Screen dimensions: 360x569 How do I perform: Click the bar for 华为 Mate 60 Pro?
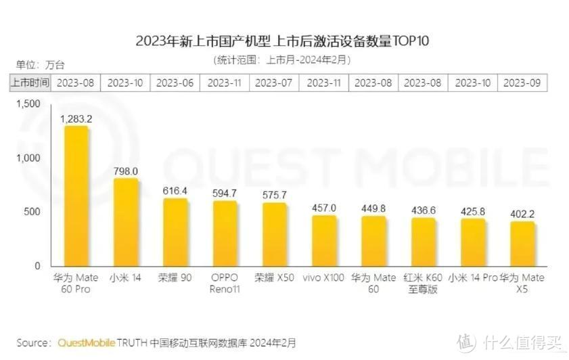[x=76, y=196]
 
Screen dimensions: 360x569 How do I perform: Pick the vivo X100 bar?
[x=324, y=241]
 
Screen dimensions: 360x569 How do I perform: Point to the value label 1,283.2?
[x=76, y=119]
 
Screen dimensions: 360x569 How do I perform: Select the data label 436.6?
[x=424, y=210]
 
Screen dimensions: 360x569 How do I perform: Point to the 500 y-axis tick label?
[x=32, y=212]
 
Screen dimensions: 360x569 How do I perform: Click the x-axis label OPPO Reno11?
[x=225, y=283]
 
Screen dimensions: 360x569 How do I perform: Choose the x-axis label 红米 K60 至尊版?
[x=424, y=283]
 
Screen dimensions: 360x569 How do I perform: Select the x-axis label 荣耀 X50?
[x=274, y=277]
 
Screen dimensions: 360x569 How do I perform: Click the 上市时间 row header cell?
[x=29, y=83]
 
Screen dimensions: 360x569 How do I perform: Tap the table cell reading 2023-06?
[x=175, y=83]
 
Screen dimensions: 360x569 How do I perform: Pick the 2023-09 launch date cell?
[x=522, y=83]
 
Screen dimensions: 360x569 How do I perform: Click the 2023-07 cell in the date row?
[x=274, y=83]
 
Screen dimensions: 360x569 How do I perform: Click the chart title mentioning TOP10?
[x=282, y=41]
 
